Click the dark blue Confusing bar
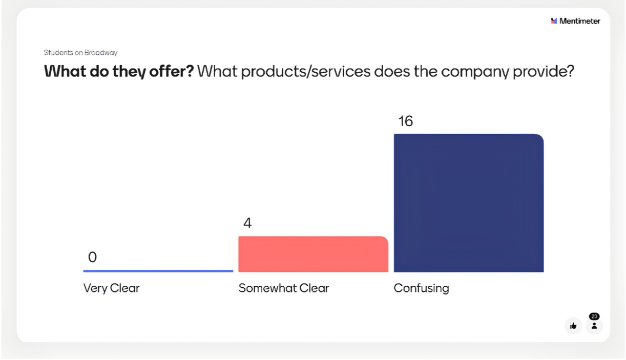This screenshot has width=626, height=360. coord(469,203)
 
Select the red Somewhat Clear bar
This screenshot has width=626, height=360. coord(314,254)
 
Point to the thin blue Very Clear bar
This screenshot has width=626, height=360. coord(158,271)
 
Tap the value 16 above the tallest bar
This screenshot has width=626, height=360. coord(406,121)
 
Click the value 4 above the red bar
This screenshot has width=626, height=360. coord(247,223)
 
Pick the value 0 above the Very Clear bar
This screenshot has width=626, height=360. coord(93,257)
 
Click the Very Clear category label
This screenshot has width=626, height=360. coord(111,288)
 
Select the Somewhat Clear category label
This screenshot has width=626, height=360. coord(284,288)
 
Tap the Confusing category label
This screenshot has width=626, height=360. coord(422,288)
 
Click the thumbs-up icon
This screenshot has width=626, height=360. coord(573,326)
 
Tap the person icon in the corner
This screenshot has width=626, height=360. coord(594,326)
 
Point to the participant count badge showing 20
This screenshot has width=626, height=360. coord(594,316)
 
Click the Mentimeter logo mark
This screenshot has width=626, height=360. coord(554,21)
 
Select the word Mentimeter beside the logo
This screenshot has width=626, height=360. coord(579,21)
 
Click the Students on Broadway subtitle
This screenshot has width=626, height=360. coord(80,53)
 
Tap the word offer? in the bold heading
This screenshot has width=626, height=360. coord(171,71)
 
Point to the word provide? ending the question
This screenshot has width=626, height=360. coord(544,72)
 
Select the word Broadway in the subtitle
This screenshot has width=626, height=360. coord(101,53)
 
